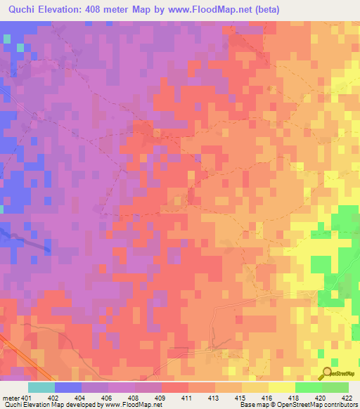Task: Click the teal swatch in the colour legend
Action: coord(41,387)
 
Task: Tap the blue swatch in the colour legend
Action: coord(68,387)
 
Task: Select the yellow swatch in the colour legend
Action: coord(282,387)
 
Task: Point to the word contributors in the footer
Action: coord(340,405)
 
